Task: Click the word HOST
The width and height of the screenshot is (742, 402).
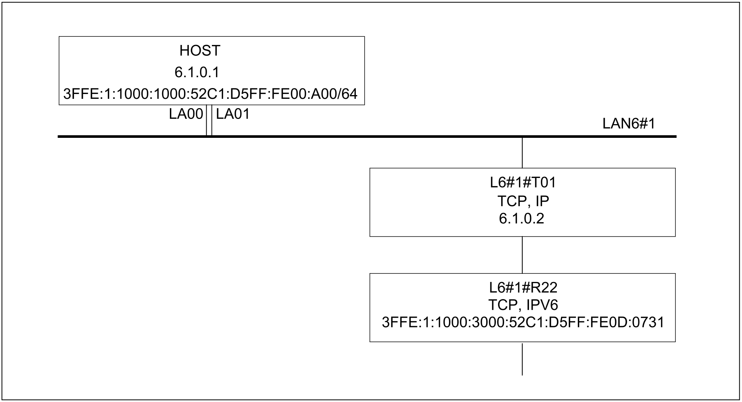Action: click(200, 51)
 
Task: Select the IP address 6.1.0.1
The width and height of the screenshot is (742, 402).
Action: click(197, 72)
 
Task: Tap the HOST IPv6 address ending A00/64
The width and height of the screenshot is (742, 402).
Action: click(210, 94)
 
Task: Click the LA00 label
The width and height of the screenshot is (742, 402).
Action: click(186, 114)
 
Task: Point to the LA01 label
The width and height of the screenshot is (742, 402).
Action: click(233, 114)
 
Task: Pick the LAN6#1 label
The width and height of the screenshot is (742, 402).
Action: click(629, 124)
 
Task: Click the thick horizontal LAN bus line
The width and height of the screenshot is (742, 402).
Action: click(367, 137)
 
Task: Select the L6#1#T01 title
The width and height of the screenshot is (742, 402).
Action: click(523, 183)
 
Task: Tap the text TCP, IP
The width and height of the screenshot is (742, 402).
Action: click(523, 201)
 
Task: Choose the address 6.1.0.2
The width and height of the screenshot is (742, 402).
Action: click(522, 219)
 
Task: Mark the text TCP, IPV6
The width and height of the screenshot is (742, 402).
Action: click(523, 305)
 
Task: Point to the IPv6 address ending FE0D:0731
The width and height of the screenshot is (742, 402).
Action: click(523, 322)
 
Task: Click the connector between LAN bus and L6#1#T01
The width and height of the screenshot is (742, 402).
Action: click(522, 153)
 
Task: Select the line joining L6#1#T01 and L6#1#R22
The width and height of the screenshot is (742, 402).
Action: click(522, 255)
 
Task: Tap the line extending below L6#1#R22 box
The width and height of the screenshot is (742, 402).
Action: click(522, 359)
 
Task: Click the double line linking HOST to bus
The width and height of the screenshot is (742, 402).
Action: click(209, 120)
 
